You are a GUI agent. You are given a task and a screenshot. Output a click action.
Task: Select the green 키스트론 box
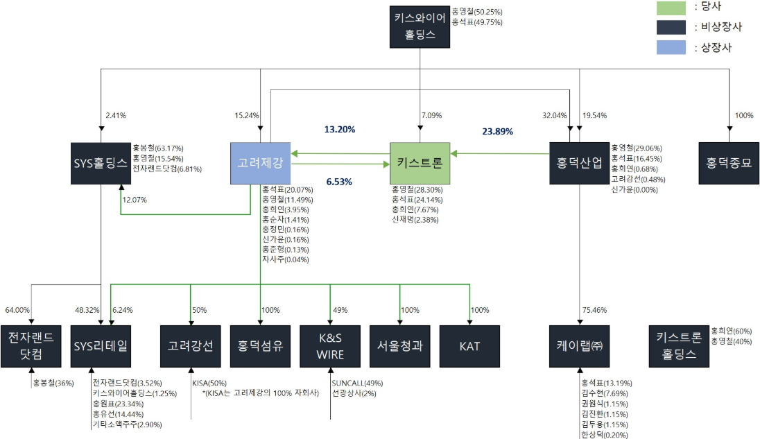420,164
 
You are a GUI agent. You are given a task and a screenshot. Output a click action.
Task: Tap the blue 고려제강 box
261,164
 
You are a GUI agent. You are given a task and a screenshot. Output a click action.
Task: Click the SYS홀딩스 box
101,164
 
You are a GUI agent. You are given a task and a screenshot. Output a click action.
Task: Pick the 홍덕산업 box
579,164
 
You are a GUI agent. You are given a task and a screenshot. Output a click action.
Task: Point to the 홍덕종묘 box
728,164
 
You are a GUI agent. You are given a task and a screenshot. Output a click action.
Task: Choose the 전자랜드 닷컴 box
31,345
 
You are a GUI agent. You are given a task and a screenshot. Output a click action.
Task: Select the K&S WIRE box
330,345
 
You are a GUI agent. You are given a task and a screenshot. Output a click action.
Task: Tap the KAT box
469,345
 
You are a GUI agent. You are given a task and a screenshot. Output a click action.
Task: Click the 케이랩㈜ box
579,345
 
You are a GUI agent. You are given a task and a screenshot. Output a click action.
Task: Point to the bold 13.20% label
340,129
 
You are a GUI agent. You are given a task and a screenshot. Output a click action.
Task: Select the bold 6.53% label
340,182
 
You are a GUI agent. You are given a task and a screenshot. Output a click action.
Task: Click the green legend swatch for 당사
672,8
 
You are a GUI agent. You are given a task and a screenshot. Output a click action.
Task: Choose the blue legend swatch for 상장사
672,47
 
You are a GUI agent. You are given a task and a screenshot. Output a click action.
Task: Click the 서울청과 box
400,345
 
